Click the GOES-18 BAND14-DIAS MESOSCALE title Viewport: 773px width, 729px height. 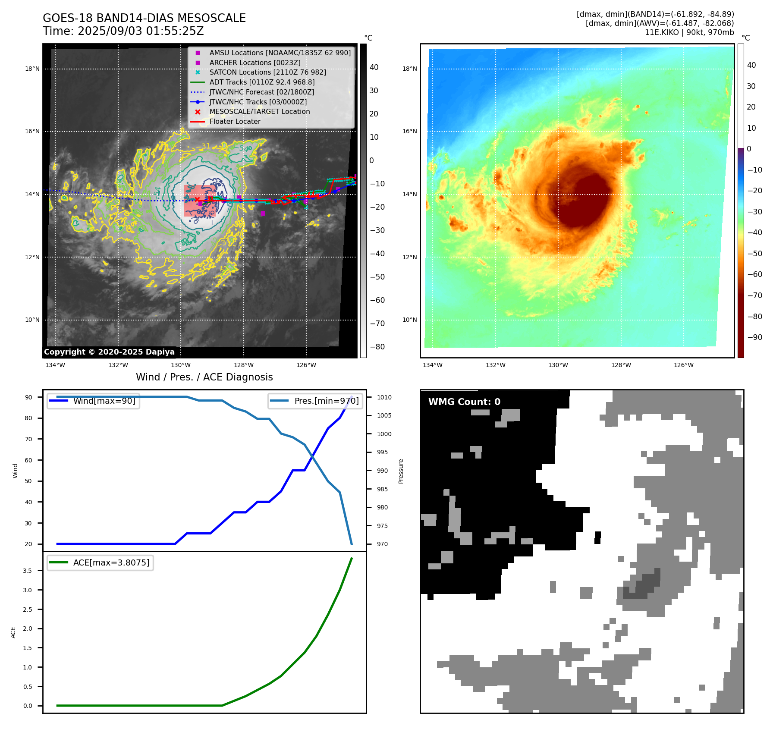[144, 18]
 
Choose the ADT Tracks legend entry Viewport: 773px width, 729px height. [262, 82]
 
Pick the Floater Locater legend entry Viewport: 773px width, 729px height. [235, 122]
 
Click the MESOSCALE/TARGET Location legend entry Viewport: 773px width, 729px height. [259, 112]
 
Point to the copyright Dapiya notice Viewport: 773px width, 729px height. [109, 352]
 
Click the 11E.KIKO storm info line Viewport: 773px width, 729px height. [689, 32]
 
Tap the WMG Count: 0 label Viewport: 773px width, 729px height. [464, 402]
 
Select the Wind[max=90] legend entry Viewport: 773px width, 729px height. [104, 401]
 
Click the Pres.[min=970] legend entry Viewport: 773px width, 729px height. [326, 401]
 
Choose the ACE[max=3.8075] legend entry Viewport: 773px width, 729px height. [111, 562]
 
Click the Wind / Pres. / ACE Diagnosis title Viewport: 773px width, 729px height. [204, 377]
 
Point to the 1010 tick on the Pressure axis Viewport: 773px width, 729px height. [384, 397]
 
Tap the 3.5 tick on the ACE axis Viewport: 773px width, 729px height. [28, 571]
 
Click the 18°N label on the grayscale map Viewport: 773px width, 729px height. [32, 69]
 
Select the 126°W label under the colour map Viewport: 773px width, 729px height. [684, 365]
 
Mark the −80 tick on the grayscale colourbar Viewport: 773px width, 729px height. [377, 347]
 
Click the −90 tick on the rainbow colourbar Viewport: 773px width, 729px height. [754, 337]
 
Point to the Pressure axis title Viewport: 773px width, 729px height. [401, 471]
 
